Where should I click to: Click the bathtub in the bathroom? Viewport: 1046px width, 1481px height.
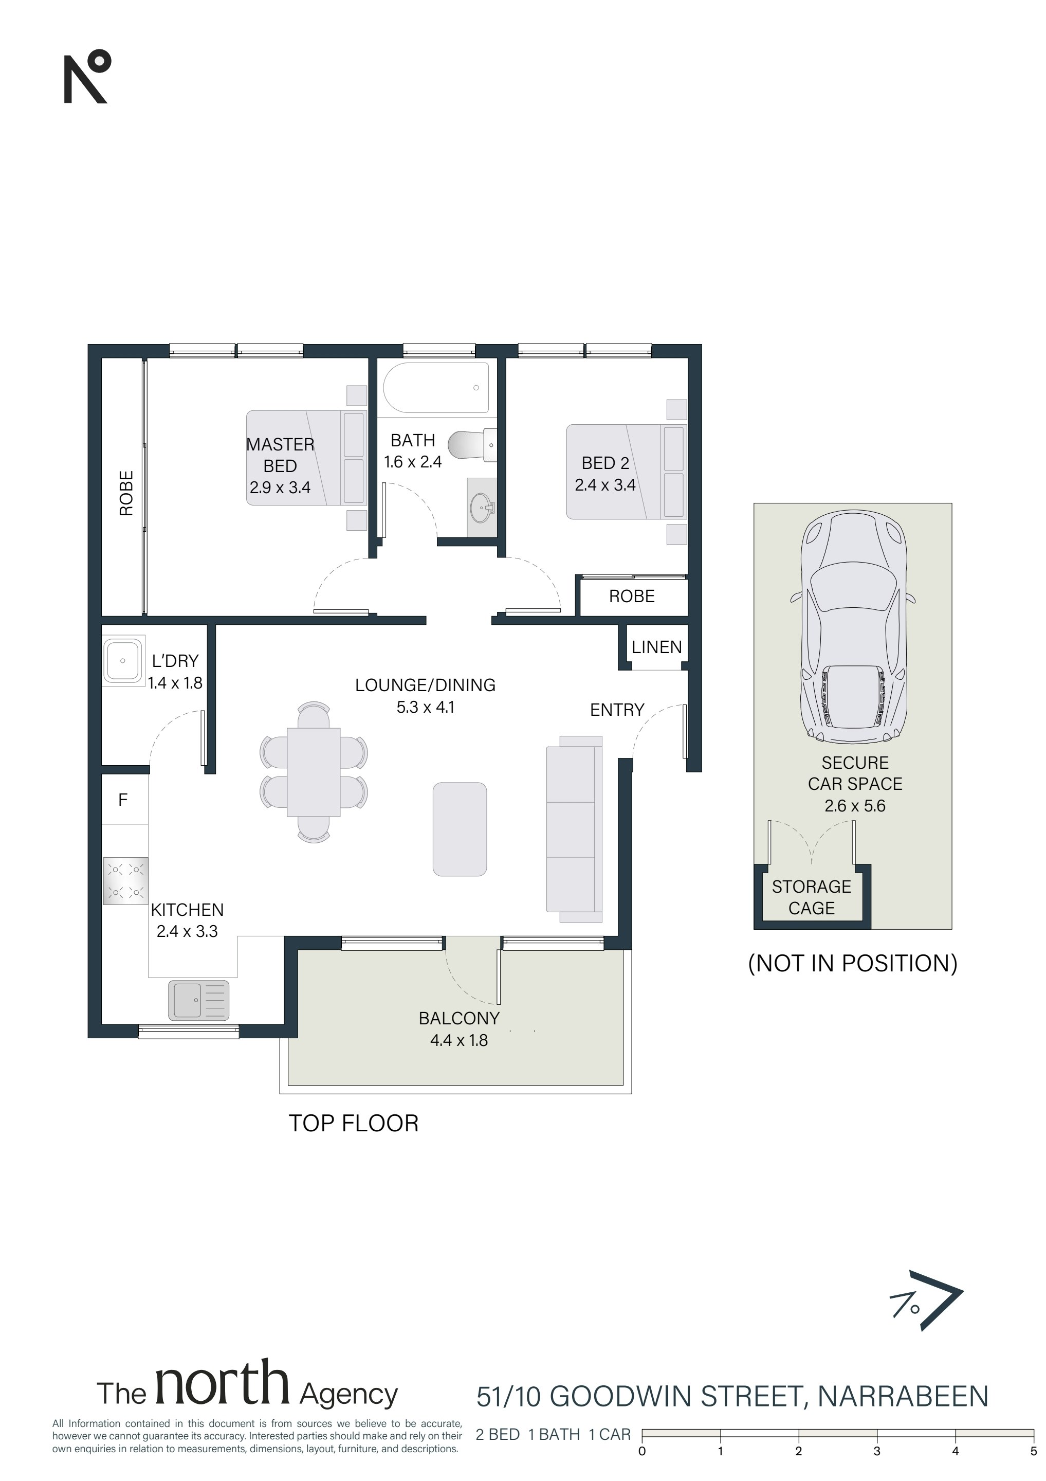pos(436,387)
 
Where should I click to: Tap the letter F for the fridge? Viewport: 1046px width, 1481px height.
pos(122,800)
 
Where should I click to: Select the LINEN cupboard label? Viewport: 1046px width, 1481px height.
pos(656,647)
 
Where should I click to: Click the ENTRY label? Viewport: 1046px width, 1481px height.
pos(617,710)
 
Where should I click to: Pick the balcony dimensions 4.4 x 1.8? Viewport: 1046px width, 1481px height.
pos(459,1040)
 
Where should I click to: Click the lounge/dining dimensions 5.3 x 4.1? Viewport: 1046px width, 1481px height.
pos(426,707)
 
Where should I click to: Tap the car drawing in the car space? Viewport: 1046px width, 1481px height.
pos(853,626)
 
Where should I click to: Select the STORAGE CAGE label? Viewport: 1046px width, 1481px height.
pos(811,897)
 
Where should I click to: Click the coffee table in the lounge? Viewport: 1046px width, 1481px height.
pos(460,829)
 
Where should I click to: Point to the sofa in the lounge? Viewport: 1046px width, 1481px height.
pos(574,829)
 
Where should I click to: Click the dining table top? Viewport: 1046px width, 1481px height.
pos(314,772)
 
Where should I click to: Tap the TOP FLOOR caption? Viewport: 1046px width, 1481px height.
pos(354,1123)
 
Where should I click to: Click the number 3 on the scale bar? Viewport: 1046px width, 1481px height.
pos(877,1451)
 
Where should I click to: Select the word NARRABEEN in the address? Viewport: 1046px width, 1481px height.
pos(903,1397)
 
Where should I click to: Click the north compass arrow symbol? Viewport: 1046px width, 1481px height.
pos(926,1306)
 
